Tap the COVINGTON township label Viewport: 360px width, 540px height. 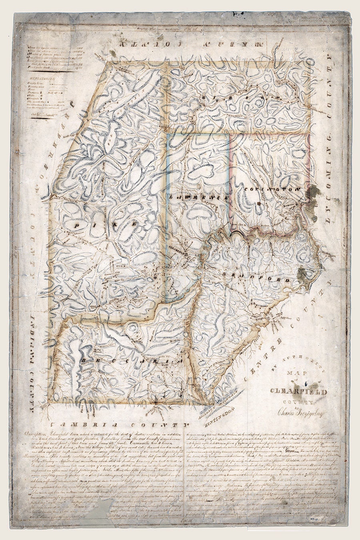click(x=271, y=189)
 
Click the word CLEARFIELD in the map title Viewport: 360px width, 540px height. click(x=298, y=392)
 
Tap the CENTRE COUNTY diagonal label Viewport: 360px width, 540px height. click(x=286, y=336)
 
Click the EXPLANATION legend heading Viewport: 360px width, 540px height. click(x=43, y=79)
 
